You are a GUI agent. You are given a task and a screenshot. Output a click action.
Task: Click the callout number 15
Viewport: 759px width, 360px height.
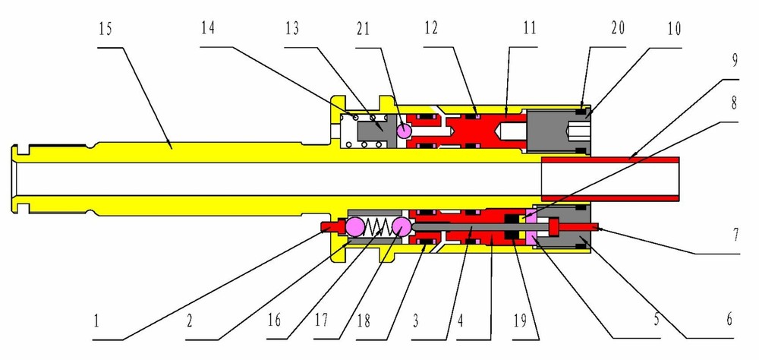click(x=105, y=29)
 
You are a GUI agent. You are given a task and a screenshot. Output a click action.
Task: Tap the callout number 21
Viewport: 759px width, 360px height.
click(x=363, y=29)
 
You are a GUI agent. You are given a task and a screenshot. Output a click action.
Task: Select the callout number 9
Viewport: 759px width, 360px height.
click(x=734, y=61)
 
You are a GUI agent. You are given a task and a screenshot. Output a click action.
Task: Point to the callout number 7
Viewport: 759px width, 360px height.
click(x=735, y=235)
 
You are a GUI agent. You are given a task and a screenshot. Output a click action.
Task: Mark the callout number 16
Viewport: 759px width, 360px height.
click(x=274, y=321)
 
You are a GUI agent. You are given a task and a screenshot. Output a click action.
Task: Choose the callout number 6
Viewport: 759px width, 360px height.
click(x=729, y=320)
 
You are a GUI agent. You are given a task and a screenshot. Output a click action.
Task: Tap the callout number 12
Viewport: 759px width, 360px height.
click(x=430, y=29)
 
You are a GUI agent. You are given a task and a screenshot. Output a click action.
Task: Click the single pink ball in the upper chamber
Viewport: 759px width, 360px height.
click(x=404, y=131)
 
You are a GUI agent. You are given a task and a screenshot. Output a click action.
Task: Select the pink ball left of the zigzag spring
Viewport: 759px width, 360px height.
click(x=354, y=226)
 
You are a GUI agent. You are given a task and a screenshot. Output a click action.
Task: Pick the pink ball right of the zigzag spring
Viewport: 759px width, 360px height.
click(x=402, y=226)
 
